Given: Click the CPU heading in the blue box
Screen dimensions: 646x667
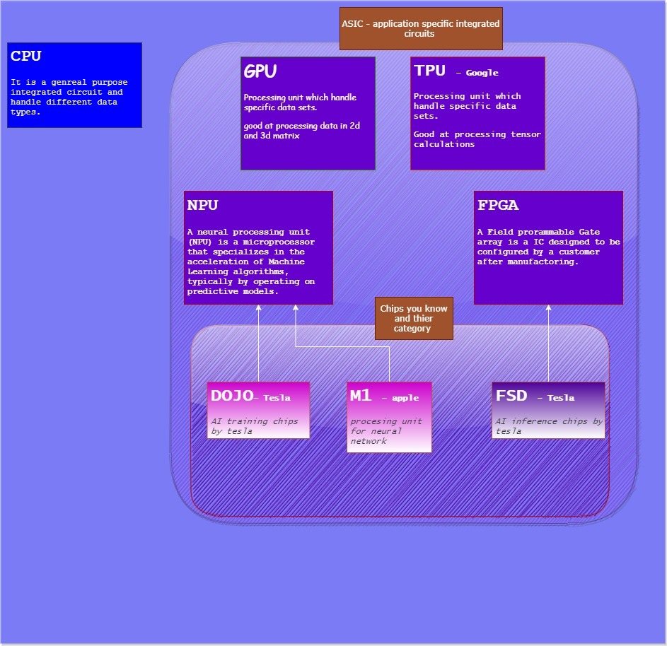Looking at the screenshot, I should [x=26, y=57].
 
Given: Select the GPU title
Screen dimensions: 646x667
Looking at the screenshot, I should [x=260, y=71].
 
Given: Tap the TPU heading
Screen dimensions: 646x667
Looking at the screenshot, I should [x=430, y=71].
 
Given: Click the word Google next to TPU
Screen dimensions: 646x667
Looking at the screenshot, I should [x=482, y=73].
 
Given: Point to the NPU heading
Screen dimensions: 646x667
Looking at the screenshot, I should [x=202, y=206].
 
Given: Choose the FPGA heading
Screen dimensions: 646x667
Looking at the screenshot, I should [x=497, y=206].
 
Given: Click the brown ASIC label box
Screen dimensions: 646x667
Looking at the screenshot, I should [x=421, y=28].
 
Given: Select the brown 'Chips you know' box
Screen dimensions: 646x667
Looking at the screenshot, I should [x=413, y=319].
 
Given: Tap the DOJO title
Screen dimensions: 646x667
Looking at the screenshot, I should [x=232, y=396].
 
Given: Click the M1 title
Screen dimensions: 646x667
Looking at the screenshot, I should [x=361, y=396].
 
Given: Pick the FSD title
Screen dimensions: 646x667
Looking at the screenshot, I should [x=511, y=396].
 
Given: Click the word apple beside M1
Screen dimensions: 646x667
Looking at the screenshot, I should [x=405, y=398].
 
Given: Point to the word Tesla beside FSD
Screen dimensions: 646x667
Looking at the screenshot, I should [x=561, y=398].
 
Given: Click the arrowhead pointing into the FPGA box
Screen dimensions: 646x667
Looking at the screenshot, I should [x=549, y=309].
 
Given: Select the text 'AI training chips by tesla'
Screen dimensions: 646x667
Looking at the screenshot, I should [x=254, y=426].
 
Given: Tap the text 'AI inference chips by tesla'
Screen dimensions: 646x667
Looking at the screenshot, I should [x=548, y=426].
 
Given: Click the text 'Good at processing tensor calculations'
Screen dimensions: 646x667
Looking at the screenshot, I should [x=477, y=139].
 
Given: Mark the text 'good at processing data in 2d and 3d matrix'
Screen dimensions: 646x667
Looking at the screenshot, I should [x=300, y=131].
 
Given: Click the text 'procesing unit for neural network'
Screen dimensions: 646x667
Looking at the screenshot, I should [x=385, y=431].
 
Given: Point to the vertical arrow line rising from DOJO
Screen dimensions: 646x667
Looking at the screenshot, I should [x=258, y=346].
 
